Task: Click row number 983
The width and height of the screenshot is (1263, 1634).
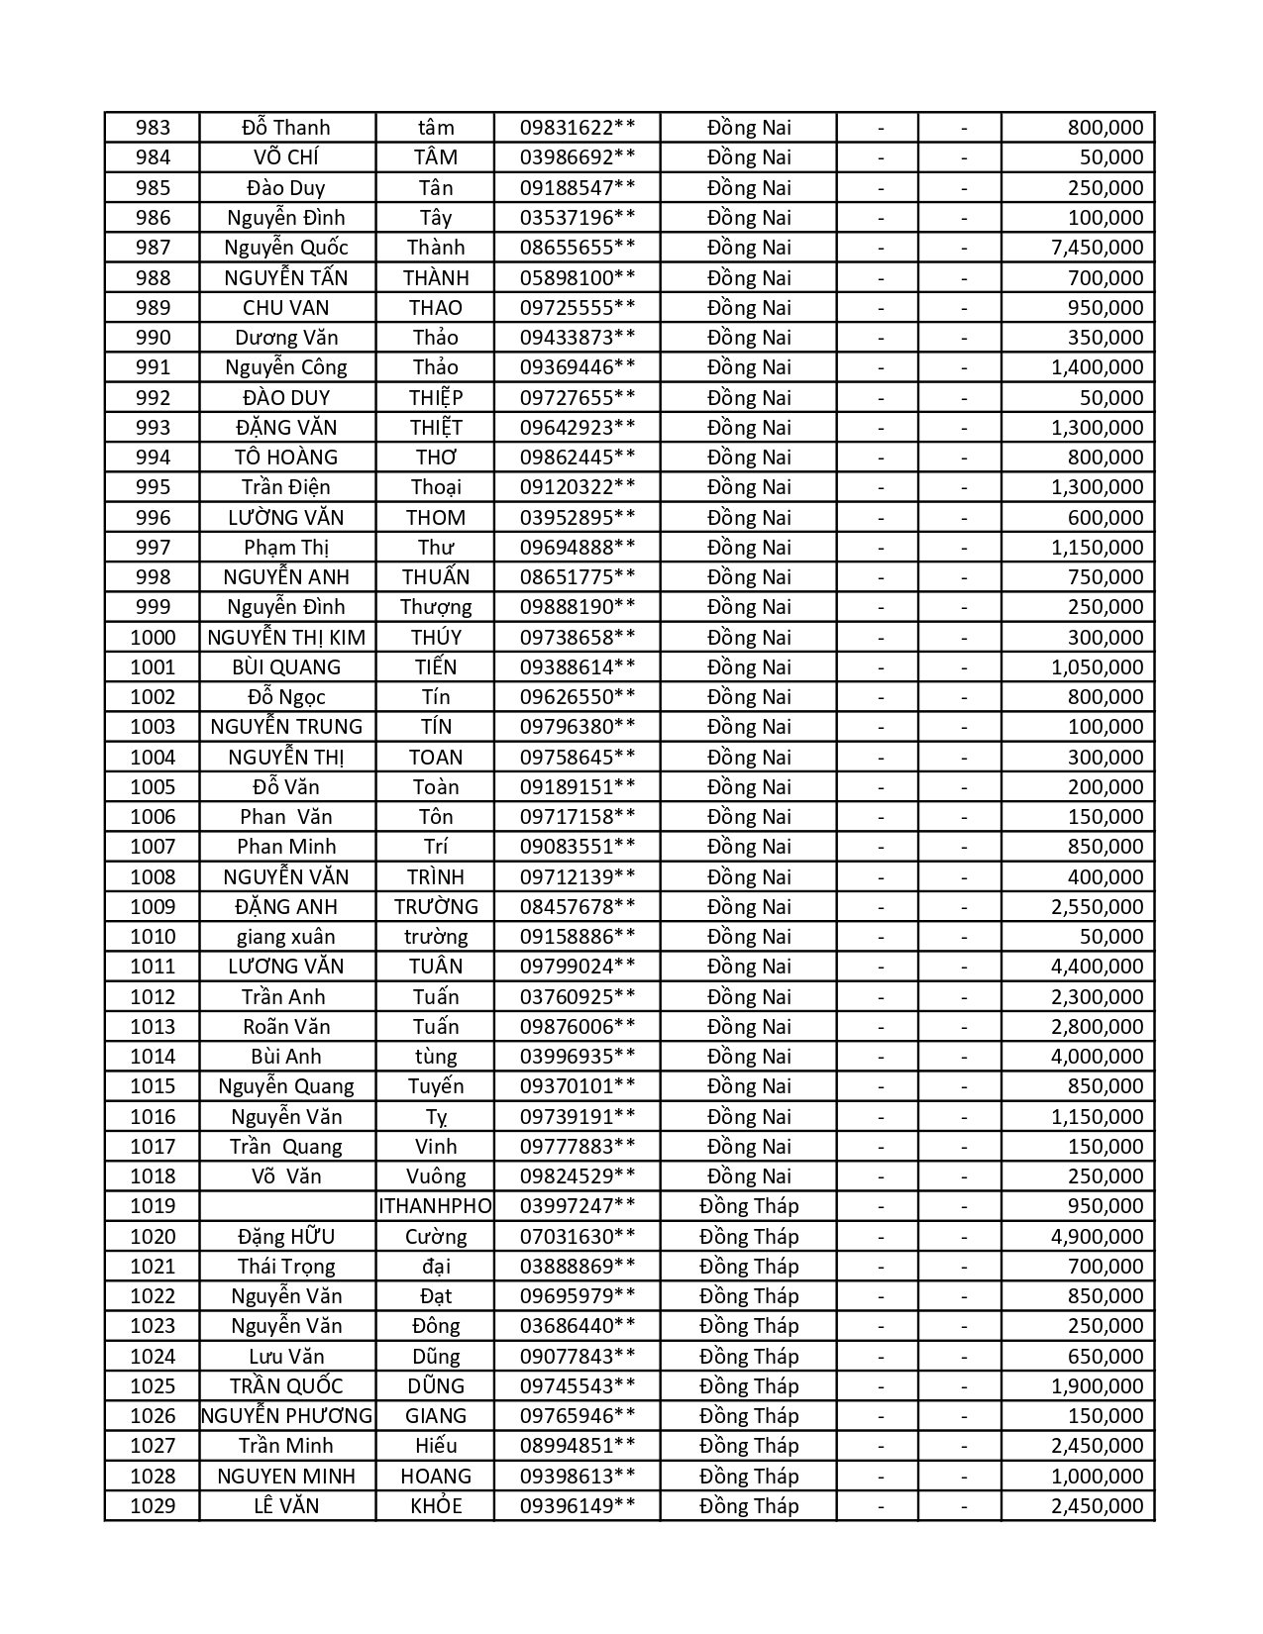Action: coord(153,128)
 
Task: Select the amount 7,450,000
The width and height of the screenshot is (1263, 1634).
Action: coord(1097,248)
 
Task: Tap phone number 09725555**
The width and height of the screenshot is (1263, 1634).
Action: coord(578,308)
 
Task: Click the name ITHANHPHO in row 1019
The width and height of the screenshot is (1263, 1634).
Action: coord(435,1206)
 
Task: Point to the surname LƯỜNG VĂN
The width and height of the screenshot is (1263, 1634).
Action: coord(286,518)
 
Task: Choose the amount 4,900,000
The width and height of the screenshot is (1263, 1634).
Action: coord(1097,1237)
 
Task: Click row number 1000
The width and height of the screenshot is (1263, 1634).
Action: coord(153,638)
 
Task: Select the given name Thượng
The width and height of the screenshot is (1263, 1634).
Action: coord(436,607)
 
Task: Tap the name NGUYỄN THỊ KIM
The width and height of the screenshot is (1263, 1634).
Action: coord(286,638)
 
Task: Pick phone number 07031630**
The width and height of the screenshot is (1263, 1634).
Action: coord(578,1237)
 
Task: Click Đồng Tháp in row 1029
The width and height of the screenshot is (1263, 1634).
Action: coord(749,1506)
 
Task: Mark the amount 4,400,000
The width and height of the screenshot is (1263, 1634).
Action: coord(1097,967)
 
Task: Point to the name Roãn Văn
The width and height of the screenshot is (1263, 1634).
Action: coord(286,1027)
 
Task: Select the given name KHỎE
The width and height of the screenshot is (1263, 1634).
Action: coord(436,1506)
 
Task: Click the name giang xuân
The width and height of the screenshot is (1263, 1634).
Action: coord(286,937)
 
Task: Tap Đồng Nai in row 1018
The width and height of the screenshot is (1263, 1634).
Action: coord(749,1176)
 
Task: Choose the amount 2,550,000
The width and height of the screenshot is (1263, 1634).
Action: coord(1097,907)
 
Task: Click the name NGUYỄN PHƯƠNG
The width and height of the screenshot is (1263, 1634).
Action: coord(286,1416)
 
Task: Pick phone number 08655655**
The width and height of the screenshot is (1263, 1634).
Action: coord(578,248)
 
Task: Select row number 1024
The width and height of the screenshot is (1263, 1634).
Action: coord(153,1357)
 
